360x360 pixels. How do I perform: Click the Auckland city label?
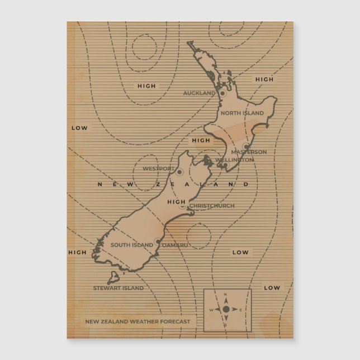tap(199, 93)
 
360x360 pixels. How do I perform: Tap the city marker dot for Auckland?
tap(222, 93)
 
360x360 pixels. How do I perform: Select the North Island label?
tap(241, 113)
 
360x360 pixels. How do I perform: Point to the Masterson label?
tap(249, 152)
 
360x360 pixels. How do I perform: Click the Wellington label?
tap(234, 160)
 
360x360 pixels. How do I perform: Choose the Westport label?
tap(158, 168)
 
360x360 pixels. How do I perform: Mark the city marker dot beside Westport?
tap(179, 171)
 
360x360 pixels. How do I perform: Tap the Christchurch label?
tap(212, 206)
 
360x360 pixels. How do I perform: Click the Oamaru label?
tap(176, 245)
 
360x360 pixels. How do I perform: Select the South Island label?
tap(131, 245)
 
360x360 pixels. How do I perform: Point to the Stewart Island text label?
tap(118, 288)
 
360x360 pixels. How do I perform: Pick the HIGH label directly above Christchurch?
tap(176, 202)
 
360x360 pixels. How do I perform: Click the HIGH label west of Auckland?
tap(146, 86)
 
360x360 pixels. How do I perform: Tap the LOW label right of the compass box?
tap(272, 288)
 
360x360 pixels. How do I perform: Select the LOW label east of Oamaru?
tap(240, 252)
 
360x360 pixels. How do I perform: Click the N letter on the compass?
tap(226, 295)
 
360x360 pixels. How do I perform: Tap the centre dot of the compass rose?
tap(226, 309)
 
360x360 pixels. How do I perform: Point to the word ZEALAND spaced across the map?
tap(210, 184)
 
